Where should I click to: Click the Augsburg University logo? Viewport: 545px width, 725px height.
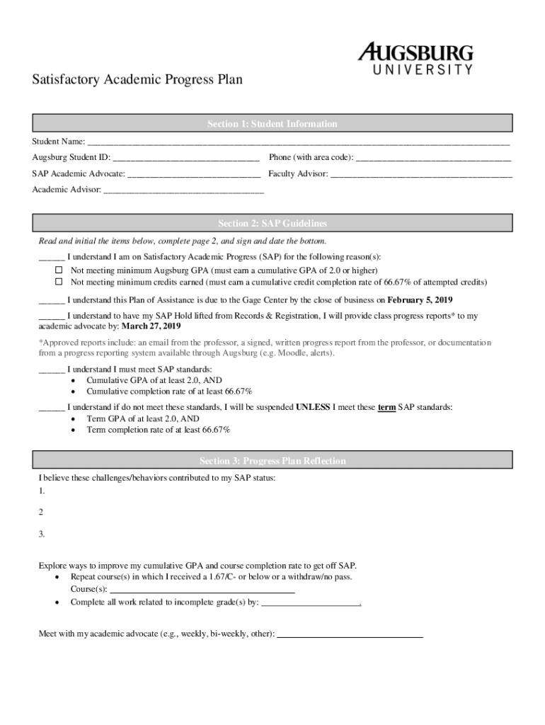point(415,58)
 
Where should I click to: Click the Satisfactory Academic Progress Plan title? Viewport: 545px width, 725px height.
point(137,79)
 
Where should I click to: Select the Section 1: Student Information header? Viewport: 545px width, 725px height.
point(272,124)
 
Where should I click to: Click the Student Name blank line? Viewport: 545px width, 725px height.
point(297,142)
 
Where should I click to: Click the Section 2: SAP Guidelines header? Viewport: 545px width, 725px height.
point(272,223)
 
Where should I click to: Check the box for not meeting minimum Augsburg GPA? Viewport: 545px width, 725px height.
point(59,270)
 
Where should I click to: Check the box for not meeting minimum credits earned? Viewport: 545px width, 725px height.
point(59,282)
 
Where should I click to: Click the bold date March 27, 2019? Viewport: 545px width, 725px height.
point(151,326)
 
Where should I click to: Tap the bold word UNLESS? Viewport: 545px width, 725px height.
point(314,407)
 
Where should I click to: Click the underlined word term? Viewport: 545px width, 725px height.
point(386,407)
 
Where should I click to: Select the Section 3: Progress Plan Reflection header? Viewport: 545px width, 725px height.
point(272,461)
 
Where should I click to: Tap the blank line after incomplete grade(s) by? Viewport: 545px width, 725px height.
point(311,603)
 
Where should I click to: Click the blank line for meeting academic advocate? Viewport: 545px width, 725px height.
point(350,634)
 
